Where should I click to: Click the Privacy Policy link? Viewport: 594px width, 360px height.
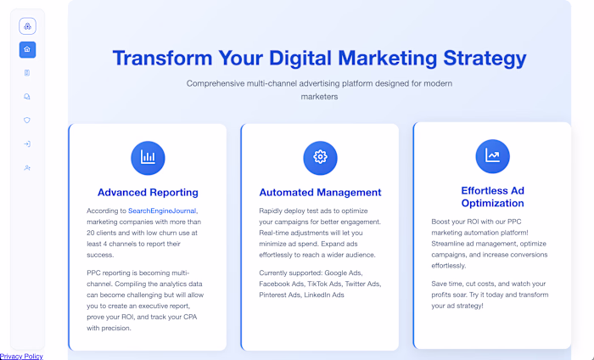(21, 356)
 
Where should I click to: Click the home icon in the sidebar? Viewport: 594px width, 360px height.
(27, 49)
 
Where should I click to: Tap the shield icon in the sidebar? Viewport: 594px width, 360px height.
(27, 121)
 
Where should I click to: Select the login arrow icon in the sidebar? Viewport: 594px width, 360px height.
(27, 144)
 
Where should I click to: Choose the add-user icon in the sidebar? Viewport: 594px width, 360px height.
(27, 168)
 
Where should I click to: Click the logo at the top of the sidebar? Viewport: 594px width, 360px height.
(27, 25)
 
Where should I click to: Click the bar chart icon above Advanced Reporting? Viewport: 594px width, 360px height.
(148, 157)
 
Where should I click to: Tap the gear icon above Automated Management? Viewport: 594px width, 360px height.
(320, 157)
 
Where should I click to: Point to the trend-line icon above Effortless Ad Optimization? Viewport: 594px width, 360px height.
(492, 156)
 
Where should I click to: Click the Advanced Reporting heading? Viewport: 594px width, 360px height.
(148, 193)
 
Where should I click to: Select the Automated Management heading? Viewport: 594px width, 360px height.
(320, 193)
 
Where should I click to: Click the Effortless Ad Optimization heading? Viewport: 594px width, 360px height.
(492, 197)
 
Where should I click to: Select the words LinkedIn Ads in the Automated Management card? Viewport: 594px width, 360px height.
(326, 295)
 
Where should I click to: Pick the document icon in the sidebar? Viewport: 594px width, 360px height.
(27, 73)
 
